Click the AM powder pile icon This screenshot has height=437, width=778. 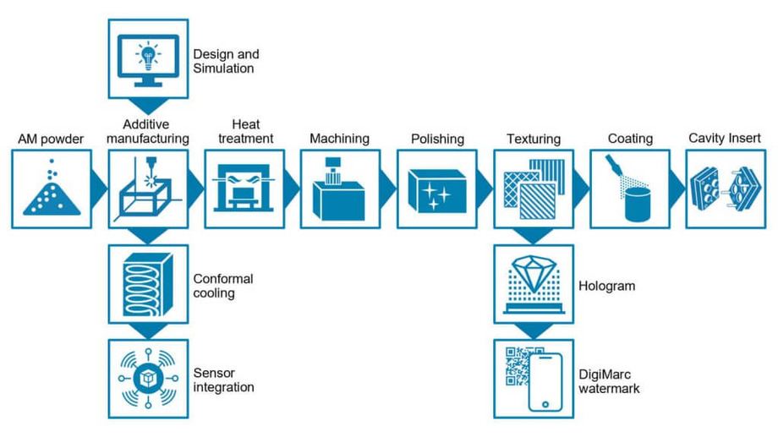tap(51, 188)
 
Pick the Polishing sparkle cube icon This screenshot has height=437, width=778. tap(436, 188)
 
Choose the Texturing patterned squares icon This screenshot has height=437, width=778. tap(533, 188)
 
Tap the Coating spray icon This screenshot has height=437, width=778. tap(630, 188)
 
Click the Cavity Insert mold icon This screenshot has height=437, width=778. tap(726, 188)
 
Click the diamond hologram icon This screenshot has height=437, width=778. tap(533, 282)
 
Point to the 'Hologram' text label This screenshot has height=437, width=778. tap(609, 287)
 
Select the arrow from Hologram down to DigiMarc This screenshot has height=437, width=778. tap(533, 329)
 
